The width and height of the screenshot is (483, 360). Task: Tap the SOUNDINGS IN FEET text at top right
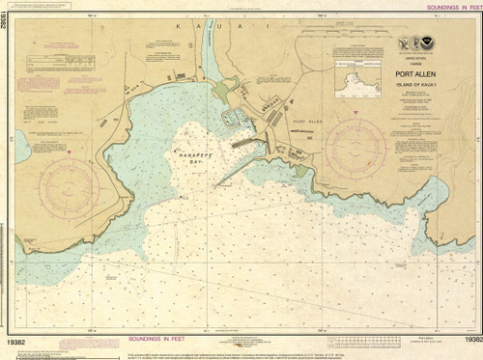pyautogui.click(x=444, y=5)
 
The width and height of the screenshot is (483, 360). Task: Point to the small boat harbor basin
pyautogui.click(x=232, y=118)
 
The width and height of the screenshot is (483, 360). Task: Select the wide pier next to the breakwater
pyautogui.click(x=247, y=142)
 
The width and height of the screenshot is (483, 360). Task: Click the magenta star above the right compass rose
pyautogui.click(x=355, y=113)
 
